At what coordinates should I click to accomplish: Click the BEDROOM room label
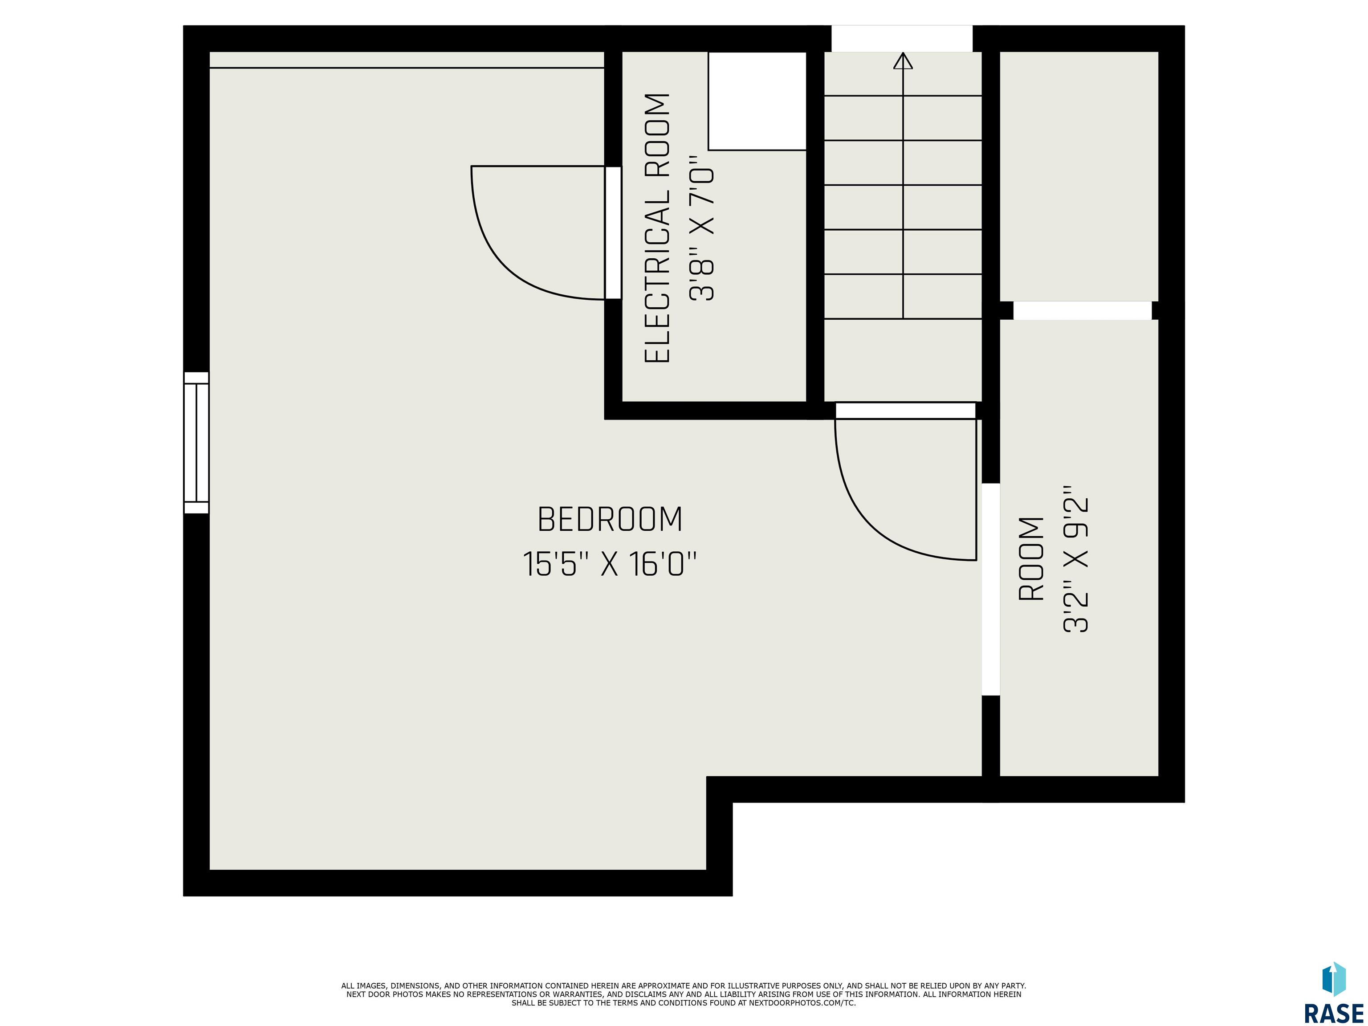pyautogui.click(x=610, y=520)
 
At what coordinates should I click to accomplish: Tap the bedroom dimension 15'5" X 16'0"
pyautogui.click(x=610, y=564)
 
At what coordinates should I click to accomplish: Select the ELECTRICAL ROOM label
pyautogui.click(x=657, y=228)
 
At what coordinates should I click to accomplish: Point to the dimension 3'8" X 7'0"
pyautogui.click(x=701, y=228)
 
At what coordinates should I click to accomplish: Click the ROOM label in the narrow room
pyautogui.click(x=1031, y=559)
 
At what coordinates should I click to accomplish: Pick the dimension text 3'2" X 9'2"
pyautogui.click(x=1075, y=559)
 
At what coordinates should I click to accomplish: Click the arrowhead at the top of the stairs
pyautogui.click(x=903, y=60)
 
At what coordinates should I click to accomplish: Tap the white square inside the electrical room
pyautogui.click(x=757, y=101)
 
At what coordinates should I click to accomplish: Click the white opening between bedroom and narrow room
pyautogui.click(x=991, y=590)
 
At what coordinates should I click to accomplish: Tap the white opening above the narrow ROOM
pyautogui.click(x=1082, y=310)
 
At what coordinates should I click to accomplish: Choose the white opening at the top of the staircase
pyautogui.click(x=902, y=38)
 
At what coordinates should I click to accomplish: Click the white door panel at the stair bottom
pyautogui.click(x=905, y=411)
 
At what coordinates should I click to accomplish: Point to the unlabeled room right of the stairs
pyautogui.click(x=1079, y=176)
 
